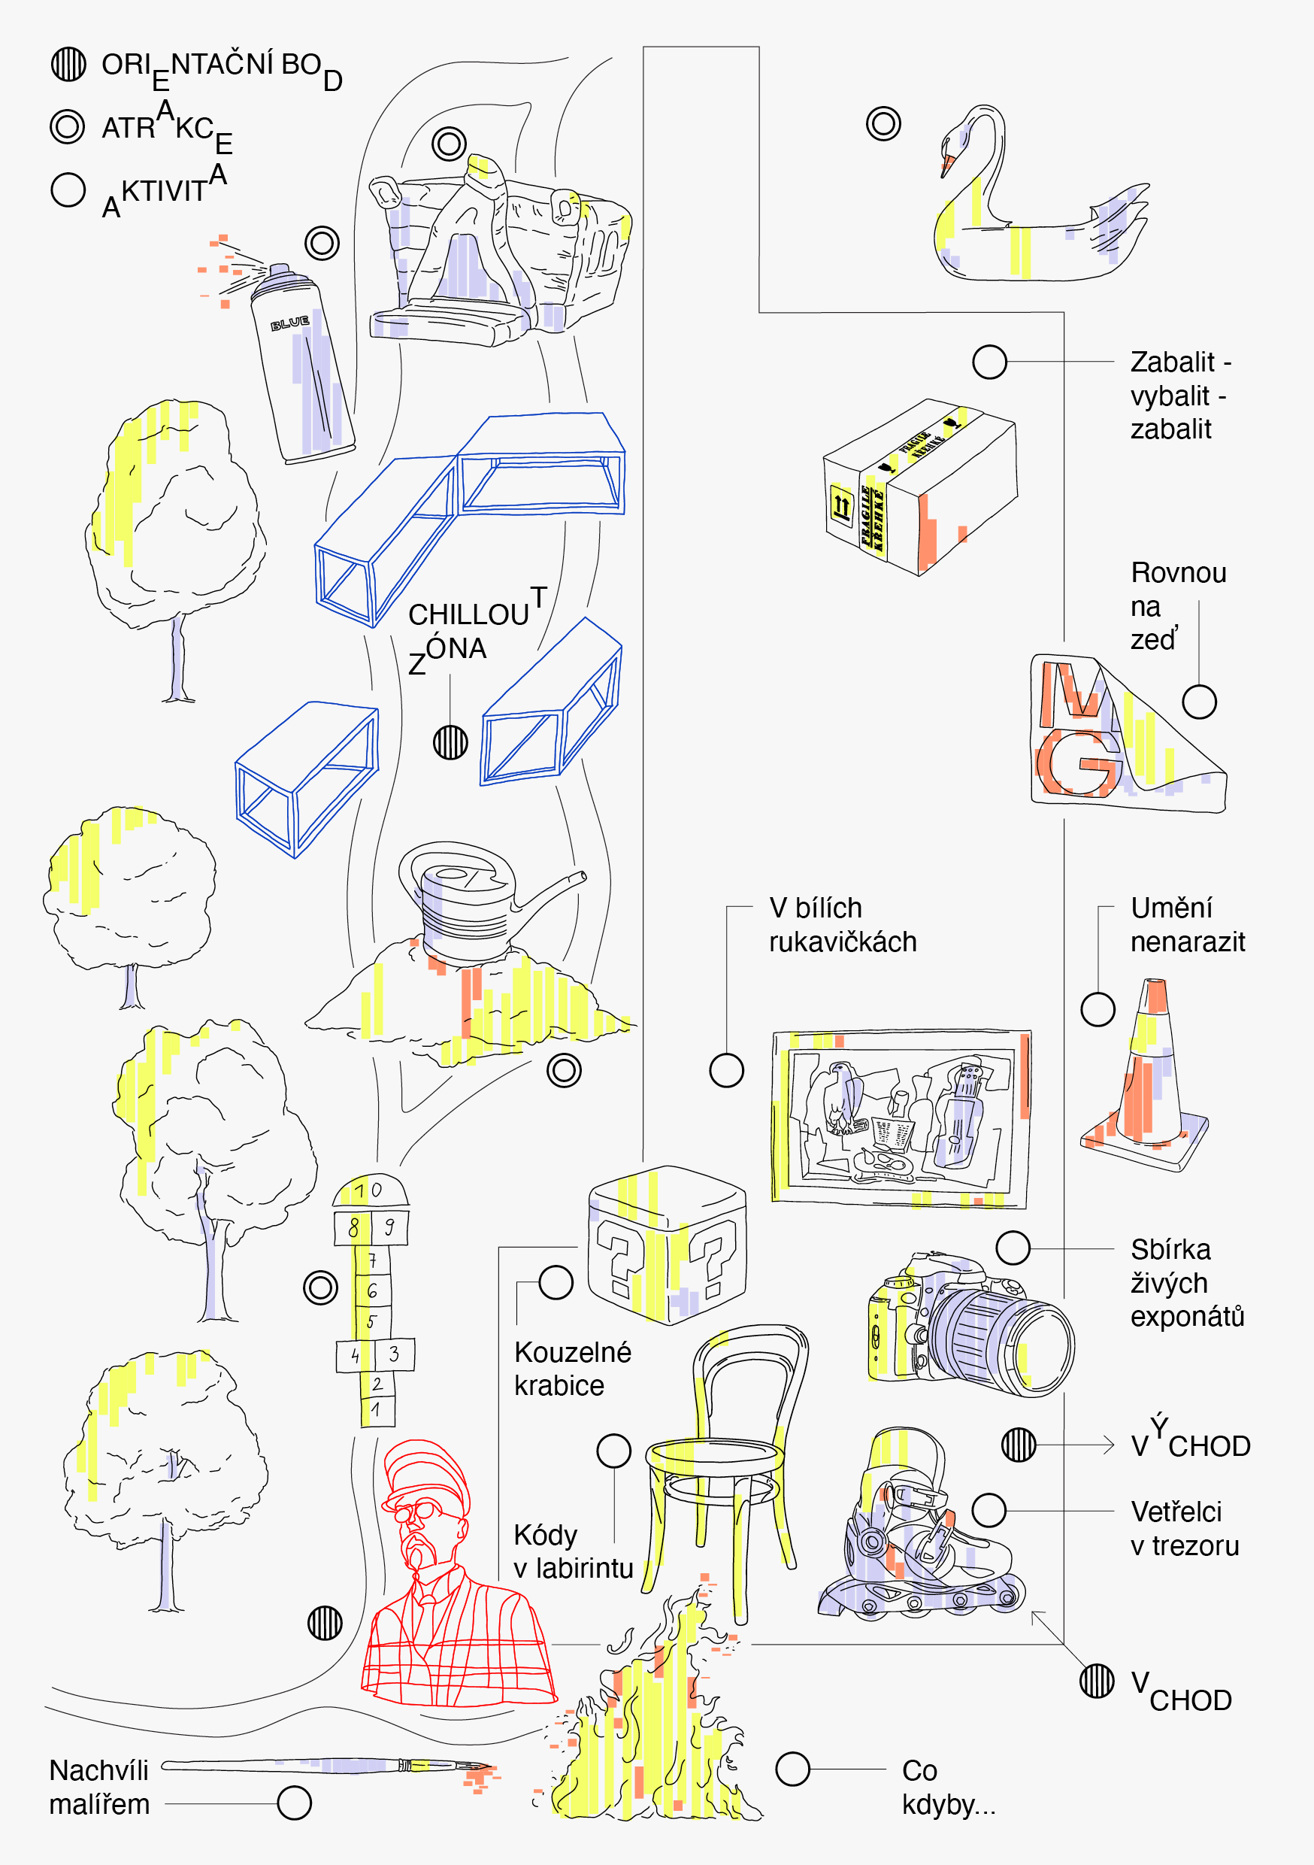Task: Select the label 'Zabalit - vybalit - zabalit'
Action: click(1179, 396)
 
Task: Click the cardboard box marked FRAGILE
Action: click(920, 487)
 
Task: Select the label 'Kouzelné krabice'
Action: click(572, 1369)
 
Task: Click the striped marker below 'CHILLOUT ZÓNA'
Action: click(450, 741)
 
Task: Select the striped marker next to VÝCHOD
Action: click(1019, 1445)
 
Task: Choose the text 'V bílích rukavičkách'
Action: click(841, 924)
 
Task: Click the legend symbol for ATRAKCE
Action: click(68, 127)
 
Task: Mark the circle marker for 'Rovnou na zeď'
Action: click(1199, 702)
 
